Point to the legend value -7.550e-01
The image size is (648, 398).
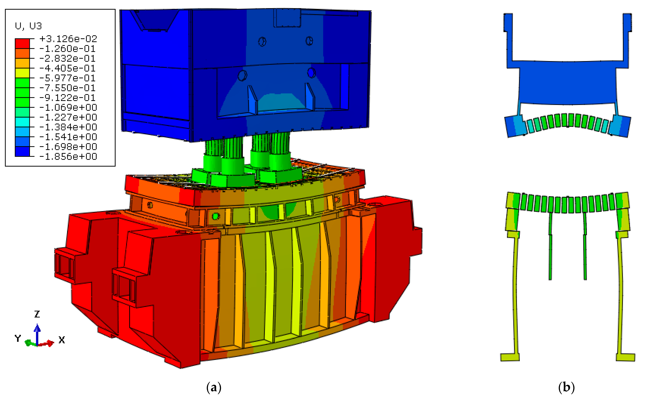tap(67, 88)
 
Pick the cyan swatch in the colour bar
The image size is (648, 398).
tap(22, 122)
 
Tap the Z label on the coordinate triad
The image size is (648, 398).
tap(37, 314)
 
